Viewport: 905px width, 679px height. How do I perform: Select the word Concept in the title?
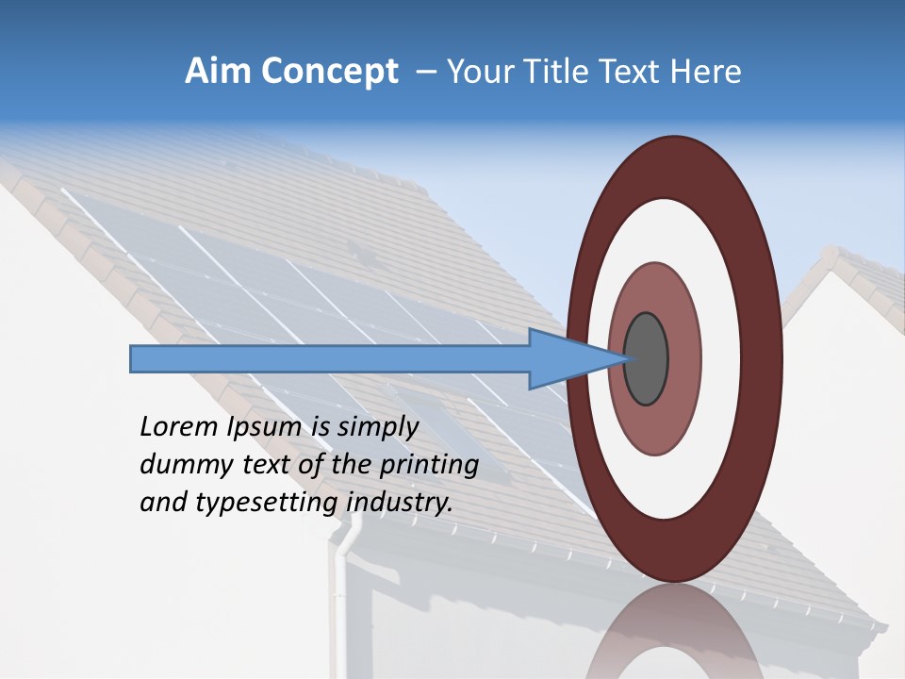[x=329, y=73]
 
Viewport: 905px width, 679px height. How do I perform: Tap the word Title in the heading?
[x=544, y=72]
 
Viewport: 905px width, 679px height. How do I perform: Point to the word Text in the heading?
[x=628, y=72]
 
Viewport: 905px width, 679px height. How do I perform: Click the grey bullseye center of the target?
[x=647, y=359]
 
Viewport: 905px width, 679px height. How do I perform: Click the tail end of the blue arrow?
[x=135, y=359]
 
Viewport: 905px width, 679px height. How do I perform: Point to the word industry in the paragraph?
[x=400, y=502]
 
